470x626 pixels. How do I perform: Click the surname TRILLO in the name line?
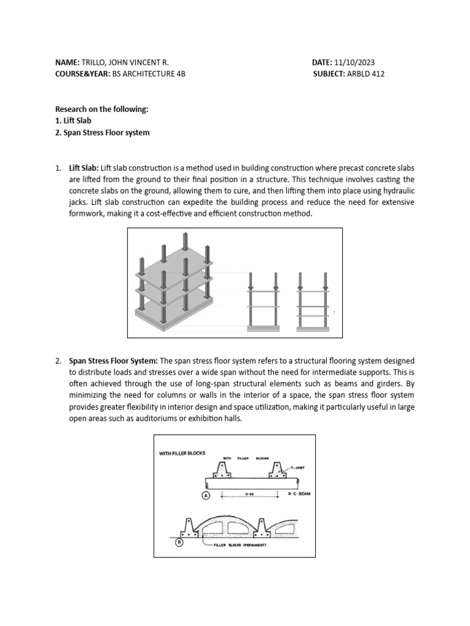click(95, 63)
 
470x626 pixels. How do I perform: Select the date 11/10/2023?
click(357, 63)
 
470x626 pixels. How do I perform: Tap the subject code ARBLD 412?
click(365, 74)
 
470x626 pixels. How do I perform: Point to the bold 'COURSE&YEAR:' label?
click(82, 74)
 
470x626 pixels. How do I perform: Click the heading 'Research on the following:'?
click(102, 109)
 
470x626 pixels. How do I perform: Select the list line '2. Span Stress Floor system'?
click(102, 133)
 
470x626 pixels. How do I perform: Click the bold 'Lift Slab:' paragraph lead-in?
click(84, 168)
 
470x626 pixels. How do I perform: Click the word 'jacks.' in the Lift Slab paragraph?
click(80, 203)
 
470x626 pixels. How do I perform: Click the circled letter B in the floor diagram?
click(179, 540)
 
